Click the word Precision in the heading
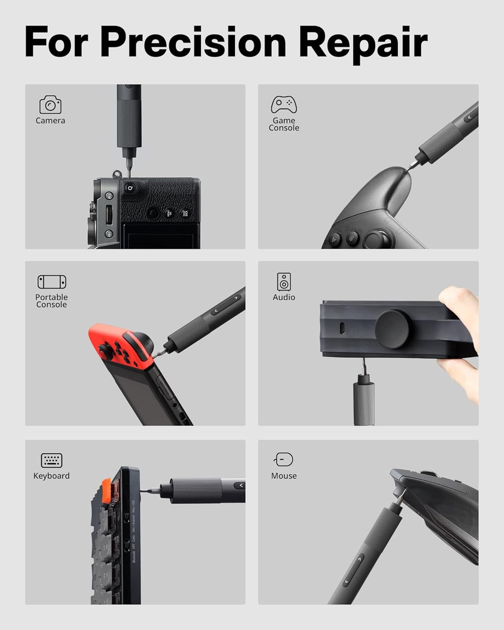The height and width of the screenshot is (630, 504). pyautogui.click(x=193, y=42)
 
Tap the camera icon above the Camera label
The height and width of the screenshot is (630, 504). pyautogui.click(x=50, y=105)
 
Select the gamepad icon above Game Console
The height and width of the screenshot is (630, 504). pyautogui.click(x=283, y=104)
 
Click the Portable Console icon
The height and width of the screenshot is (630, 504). pyautogui.click(x=52, y=282)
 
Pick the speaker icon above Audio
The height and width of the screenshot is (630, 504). pyautogui.click(x=283, y=282)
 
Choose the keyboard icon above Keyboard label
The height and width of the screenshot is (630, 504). pyautogui.click(x=52, y=460)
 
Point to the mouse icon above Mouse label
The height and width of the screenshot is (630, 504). pyautogui.click(x=284, y=459)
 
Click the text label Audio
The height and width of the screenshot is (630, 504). pyautogui.click(x=284, y=297)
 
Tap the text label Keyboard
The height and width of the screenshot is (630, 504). pyautogui.click(x=52, y=476)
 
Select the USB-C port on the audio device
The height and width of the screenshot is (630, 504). pyautogui.click(x=342, y=328)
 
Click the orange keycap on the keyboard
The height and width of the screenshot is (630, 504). pyautogui.click(x=106, y=491)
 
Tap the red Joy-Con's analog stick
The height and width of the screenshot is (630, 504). pyautogui.click(x=105, y=351)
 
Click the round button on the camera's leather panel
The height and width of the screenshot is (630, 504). pyautogui.click(x=154, y=213)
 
